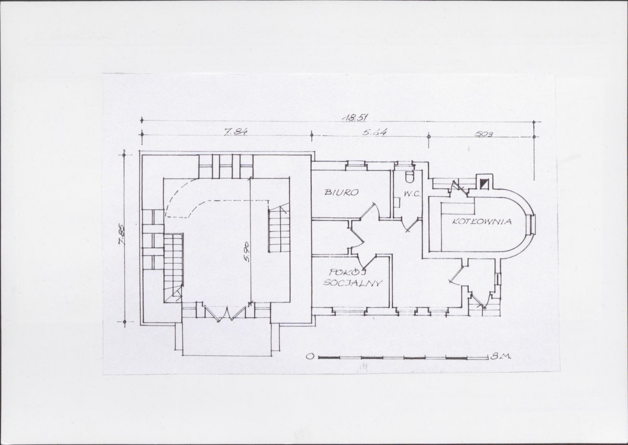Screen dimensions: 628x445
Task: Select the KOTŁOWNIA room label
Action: [x=482, y=221]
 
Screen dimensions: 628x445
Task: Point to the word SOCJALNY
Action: [x=352, y=283]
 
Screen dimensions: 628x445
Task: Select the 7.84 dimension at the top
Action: [x=235, y=131]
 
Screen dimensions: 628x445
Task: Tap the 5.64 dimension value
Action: [x=375, y=131]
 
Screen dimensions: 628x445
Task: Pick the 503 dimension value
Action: [x=484, y=134]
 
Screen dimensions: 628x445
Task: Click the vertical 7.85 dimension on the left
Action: [x=121, y=236]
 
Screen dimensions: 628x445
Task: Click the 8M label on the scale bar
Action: [x=501, y=356]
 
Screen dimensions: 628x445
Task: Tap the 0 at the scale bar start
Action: [x=310, y=356]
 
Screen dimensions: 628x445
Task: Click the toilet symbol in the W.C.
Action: [x=409, y=177]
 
